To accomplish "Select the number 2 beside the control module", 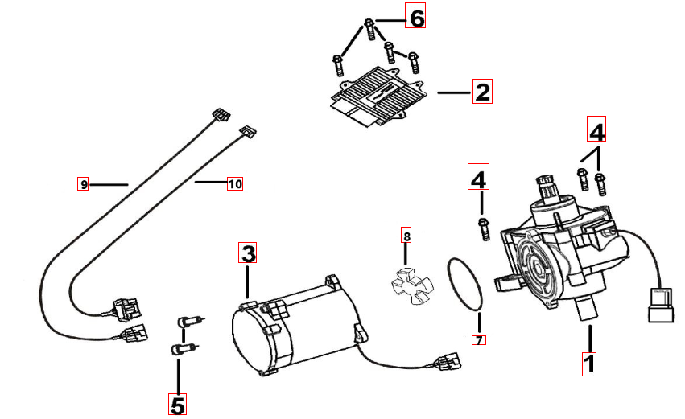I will (x=481, y=92).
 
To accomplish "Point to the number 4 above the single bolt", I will (x=479, y=179).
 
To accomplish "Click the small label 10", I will (x=234, y=184).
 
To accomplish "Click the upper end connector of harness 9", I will (x=219, y=114).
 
